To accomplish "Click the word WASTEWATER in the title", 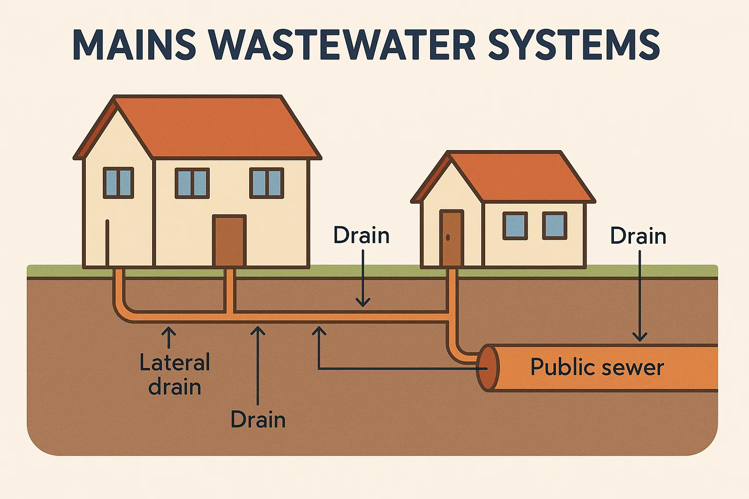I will [344, 45].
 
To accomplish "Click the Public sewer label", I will [597, 367].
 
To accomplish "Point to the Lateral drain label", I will [175, 375].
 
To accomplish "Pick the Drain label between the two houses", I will [361, 236].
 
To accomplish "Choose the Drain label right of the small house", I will [638, 236].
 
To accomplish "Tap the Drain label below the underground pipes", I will [258, 420].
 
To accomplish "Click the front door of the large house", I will [229, 241].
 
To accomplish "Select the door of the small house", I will [451, 238].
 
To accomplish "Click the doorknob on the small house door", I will [448, 238].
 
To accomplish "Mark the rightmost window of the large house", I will [266, 183].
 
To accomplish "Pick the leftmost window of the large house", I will [118, 183].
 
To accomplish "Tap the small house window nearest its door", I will [515, 226].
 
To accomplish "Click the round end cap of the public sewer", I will [488, 368].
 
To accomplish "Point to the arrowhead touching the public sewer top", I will [640, 337].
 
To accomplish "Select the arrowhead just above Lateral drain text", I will [169, 332].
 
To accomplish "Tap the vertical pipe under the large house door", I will [230, 290].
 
